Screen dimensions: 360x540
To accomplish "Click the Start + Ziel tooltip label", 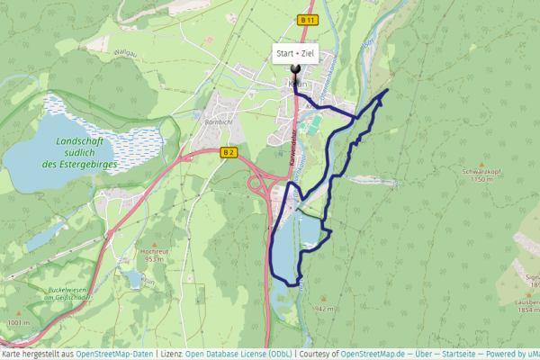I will click(296, 54).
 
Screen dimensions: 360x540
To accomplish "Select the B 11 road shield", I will click(308, 20).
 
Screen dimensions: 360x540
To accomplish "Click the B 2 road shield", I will click(228, 153).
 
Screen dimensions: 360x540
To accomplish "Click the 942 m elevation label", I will click(325, 309).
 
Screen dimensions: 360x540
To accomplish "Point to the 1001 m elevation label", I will click(19, 322).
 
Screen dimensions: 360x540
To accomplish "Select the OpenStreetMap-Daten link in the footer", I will click(114, 354).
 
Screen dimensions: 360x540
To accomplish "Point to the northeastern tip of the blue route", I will click(387, 91).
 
